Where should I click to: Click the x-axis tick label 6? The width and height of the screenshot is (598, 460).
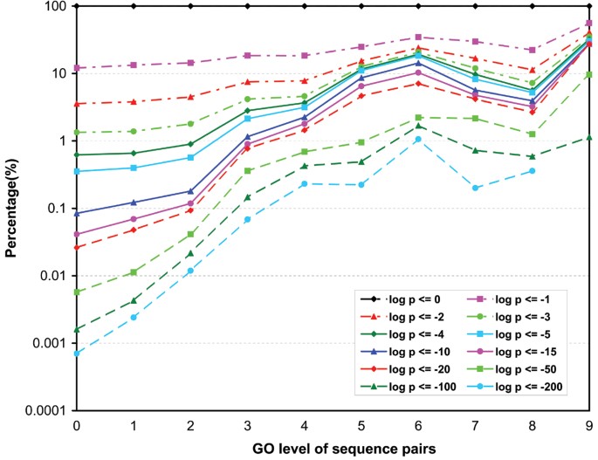tap(419, 424)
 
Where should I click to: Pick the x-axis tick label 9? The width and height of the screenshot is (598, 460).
tap(590, 424)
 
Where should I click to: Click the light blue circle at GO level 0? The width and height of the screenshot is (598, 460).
tap(77, 354)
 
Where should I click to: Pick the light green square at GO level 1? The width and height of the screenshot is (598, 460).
tap(134, 272)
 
